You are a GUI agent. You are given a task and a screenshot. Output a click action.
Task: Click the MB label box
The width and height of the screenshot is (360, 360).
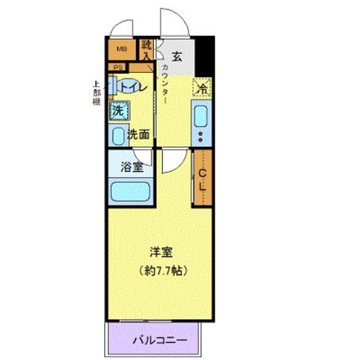tap(121, 51)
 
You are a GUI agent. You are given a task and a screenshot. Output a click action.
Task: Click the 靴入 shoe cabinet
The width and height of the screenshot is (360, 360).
tap(147, 51)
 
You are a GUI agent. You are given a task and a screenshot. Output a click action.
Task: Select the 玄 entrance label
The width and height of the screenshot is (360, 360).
tap(177, 54)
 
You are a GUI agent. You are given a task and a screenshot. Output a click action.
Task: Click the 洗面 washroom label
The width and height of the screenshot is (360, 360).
tap(138, 135)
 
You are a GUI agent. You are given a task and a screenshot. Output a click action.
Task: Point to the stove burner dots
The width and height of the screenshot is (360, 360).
tap(201, 136)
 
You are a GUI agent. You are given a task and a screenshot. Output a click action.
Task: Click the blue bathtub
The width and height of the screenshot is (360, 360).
tap(131, 191)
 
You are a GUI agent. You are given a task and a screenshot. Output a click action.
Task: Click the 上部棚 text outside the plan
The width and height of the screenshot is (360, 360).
tap(97, 93)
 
